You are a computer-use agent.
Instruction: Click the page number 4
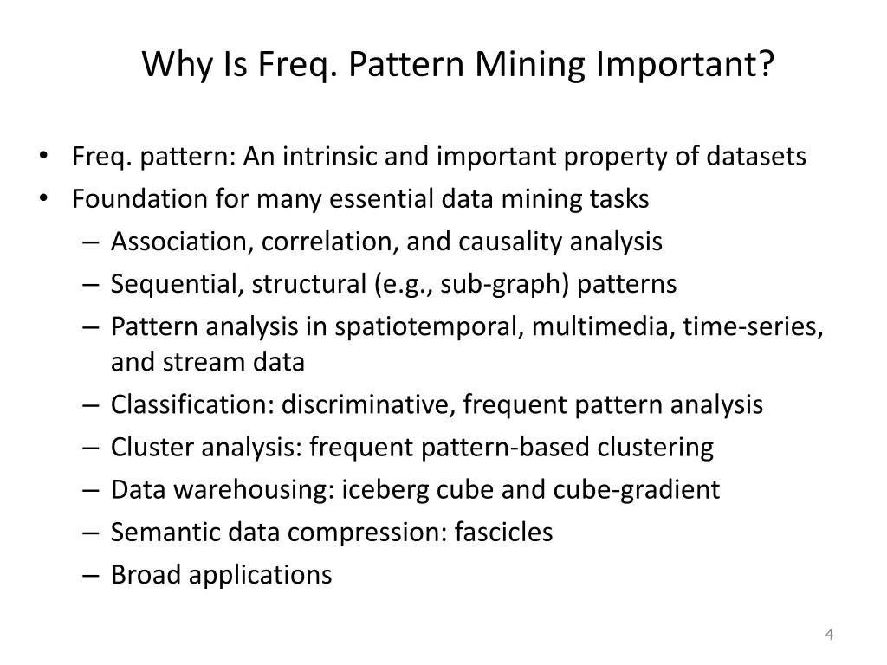pyautogui.click(x=829, y=636)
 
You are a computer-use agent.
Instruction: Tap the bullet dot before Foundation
pyautogui.click(x=44, y=199)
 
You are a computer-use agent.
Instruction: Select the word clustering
pyautogui.click(x=656, y=447)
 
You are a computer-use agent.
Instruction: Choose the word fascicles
pyautogui.click(x=505, y=532)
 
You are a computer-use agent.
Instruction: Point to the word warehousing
pyautogui.click(x=251, y=489)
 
